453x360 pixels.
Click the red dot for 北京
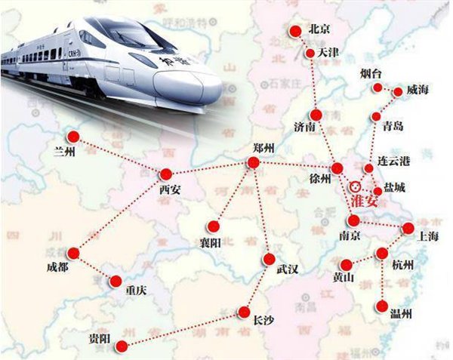(295, 30)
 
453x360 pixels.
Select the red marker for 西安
(166, 174)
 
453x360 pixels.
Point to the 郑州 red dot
(253, 162)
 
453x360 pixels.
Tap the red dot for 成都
(74, 253)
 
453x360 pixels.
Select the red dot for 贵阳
(122, 345)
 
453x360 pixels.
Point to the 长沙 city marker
(244, 310)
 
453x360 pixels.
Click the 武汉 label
(288, 270)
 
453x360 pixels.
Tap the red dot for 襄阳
(215, 225)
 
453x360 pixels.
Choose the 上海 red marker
(408, 228)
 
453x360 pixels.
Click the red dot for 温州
(383, 306)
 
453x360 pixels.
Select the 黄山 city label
(344, 277)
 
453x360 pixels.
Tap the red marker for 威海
(399, 92)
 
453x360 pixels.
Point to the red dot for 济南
(316, 115)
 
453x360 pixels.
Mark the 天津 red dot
(310, 54)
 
